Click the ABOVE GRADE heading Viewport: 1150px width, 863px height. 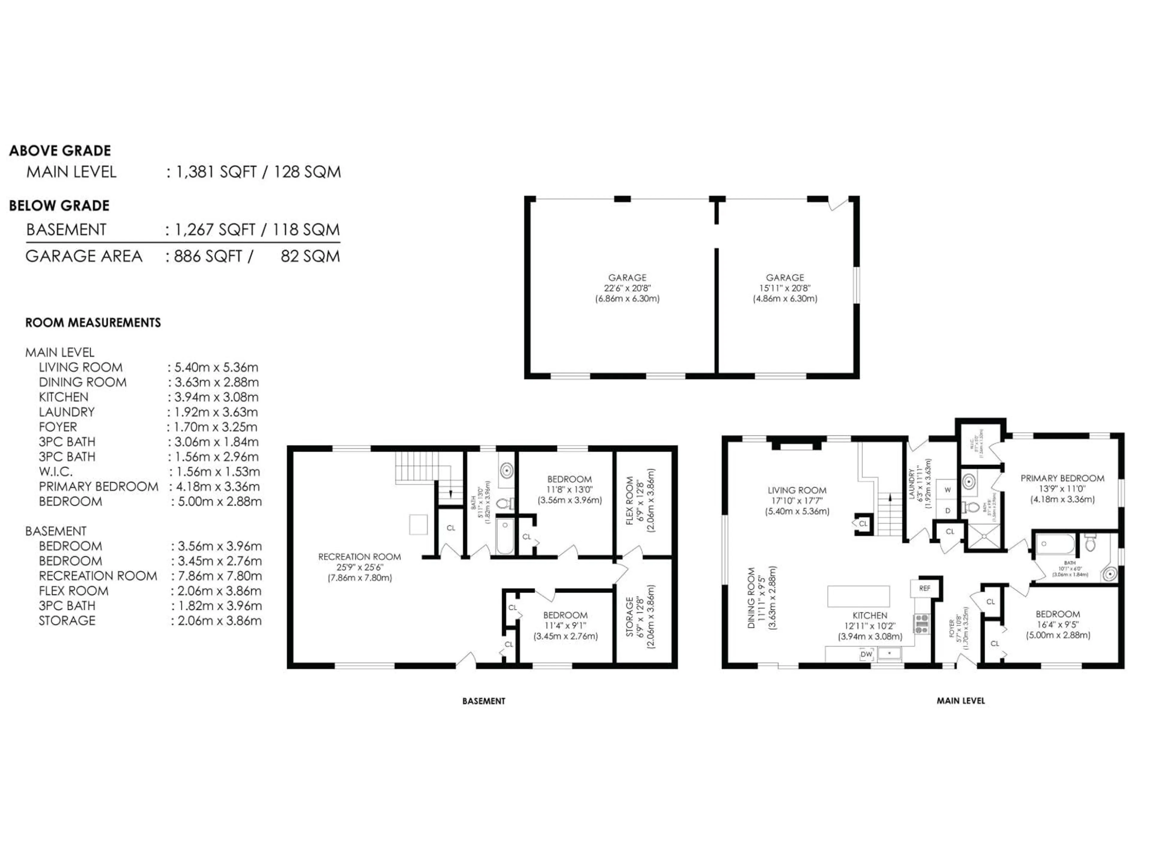[60, 151]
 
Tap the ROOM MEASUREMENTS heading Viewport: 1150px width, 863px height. [93, 322]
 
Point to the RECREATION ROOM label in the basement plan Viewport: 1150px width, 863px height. [359, 557]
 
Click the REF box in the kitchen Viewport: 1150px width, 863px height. [924, 588]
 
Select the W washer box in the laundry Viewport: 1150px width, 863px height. [947, 490]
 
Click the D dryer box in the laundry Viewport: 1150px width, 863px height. [947, 511]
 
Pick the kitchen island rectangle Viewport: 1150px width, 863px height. [858, 596]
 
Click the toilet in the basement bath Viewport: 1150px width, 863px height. [504, 503]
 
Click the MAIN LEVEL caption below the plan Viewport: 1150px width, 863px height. [960, 701]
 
